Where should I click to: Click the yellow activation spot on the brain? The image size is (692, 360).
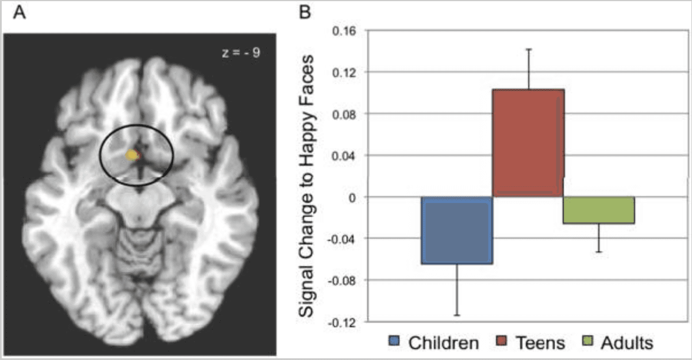(x=133, y=155)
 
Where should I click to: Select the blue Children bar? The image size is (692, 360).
(x=457, y=230)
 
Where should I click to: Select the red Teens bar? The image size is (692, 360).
(x=528, y=143)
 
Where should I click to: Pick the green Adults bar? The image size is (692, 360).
(x=599, y=210)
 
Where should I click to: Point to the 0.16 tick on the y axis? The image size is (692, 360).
(x=344, y=30)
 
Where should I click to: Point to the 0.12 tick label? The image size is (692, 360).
(x=344, y=72)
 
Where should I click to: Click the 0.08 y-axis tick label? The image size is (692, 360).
(x=344, y=114)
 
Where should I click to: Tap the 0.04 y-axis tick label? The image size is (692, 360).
(x=344, y=155)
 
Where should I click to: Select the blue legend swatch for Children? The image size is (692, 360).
(x=395, y=343)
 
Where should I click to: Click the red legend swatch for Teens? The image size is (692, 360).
(x=501, y=343)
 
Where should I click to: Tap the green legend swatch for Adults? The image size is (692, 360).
(x=587, y=343)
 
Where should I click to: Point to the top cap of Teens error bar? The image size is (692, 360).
(x=528, y=49)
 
